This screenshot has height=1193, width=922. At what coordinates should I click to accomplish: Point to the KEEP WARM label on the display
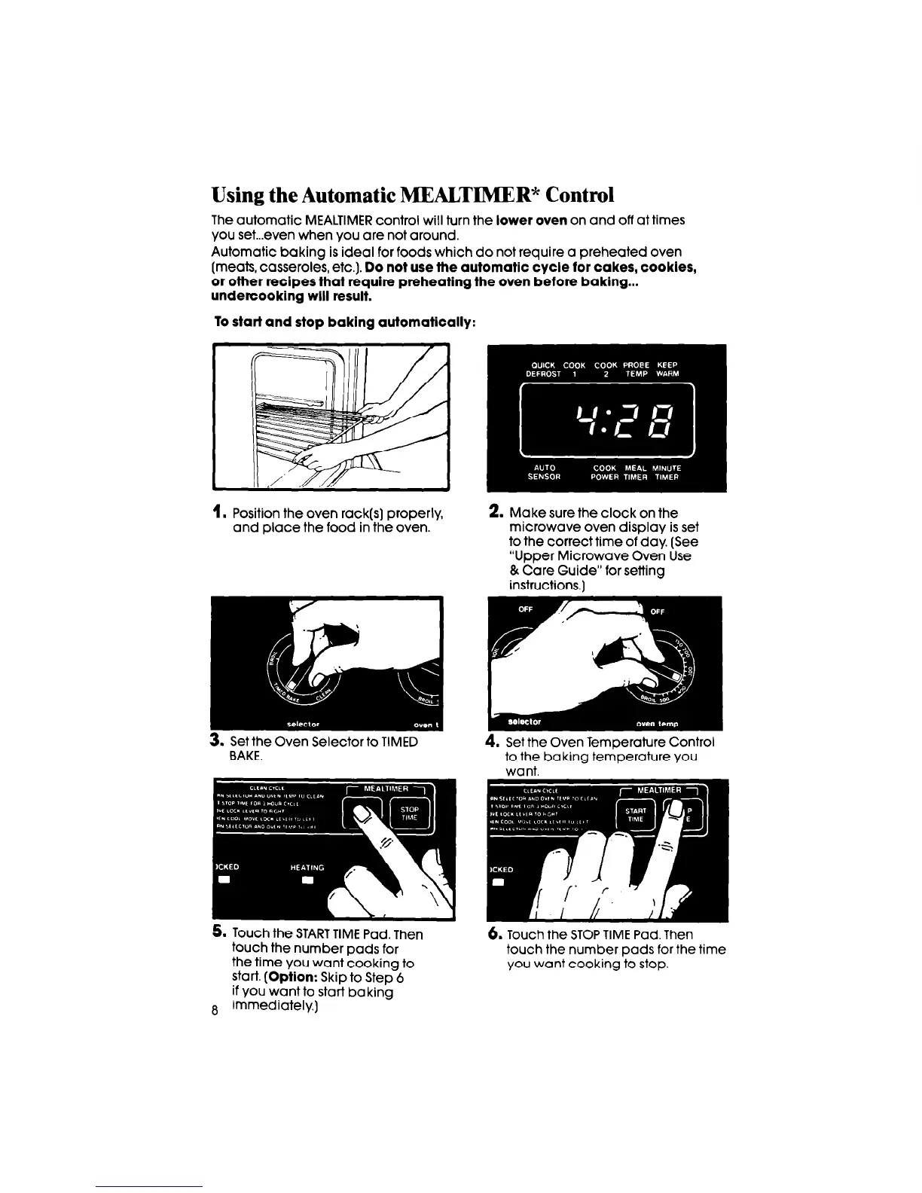[667, 369]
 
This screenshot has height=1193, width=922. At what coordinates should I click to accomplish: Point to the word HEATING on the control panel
[307, 868]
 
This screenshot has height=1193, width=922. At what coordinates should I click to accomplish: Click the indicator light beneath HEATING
[307, 883]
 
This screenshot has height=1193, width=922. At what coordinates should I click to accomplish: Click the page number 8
[215, 1011]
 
